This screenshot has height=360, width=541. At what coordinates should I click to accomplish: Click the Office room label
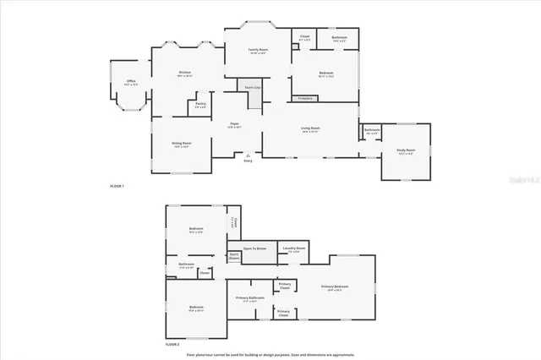[130, 82]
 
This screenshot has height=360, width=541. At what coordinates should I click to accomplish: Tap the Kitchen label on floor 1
[184, 74]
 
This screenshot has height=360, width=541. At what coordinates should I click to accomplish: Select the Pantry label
[200, 106]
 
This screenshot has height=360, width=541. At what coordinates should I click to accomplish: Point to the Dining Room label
[182, 144]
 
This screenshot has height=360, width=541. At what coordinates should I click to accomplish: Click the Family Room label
[258, 51]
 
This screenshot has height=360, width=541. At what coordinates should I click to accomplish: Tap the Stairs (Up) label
[252, 87]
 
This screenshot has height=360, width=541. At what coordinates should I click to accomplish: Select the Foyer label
[235, 125]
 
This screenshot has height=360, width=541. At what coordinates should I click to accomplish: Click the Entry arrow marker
[248, 156]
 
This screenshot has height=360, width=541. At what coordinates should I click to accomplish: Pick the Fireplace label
[306, 98]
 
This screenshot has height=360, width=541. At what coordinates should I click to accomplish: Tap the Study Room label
[406, 151]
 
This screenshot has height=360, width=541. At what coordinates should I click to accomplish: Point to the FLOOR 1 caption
[117, 185]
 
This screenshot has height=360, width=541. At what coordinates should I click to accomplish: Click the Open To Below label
[255, 248]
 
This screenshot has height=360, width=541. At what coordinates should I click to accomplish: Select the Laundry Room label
[295, 249]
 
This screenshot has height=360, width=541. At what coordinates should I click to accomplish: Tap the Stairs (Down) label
[233, 256]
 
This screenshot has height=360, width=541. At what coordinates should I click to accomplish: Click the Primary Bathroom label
[250, 298]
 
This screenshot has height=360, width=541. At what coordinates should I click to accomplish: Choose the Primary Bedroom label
[336, 287]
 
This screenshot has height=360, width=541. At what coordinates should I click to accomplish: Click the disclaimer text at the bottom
[270, 354]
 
